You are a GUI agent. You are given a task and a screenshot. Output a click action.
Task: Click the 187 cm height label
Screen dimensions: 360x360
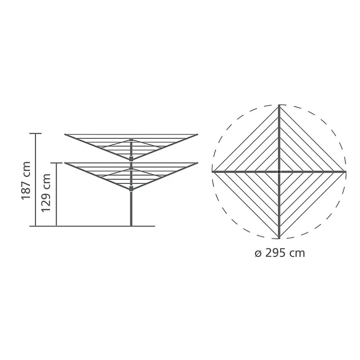tap(26, 180)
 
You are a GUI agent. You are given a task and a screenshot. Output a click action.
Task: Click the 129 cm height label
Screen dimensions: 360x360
tap(46, 193)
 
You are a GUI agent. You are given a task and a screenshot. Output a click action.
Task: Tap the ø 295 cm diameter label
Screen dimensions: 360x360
tap(280, 253)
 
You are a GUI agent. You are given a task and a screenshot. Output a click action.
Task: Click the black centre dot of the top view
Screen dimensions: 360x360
tap(279, 172)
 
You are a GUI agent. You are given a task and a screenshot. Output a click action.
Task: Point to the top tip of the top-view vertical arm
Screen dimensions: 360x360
tap(279, 105)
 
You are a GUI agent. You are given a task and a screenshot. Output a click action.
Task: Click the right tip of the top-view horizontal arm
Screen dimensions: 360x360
tap(346, 172)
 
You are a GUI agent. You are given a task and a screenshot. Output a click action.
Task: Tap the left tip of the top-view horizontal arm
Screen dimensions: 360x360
tap(213, 172)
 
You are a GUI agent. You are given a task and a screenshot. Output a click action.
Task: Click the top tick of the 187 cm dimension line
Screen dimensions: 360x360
tap(36, 133)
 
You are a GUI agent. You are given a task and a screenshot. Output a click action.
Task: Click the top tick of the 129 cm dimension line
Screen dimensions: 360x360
tap(56, 163)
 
